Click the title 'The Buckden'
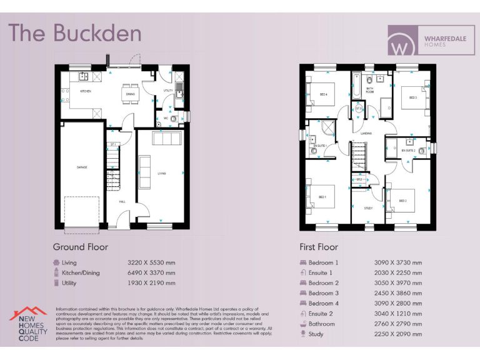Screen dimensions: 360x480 pyautogui.click(x=74, y=32)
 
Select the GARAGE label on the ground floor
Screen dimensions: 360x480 pyautogui.click(x=82, y=167)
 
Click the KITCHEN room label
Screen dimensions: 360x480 pyautogui.click(x=86, y=91)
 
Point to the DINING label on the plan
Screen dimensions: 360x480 pyautogui.click(x=130, y=94)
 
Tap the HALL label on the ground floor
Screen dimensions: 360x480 pyautogui.click(x=122, y=201)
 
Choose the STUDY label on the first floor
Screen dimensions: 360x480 pyautogui.click(x=368, y=208)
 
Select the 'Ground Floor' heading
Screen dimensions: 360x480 pyautogui.click(x=81, y=247)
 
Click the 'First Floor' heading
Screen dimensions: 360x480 pyautogui.click(x=319, y=247)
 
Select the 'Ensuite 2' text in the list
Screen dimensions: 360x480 pyautogui.click(x=321, y=314)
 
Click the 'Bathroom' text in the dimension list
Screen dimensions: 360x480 pyautogui.click(x=322, y=324)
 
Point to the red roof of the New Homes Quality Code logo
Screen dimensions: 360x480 pyautogui.click(x=27, y=312)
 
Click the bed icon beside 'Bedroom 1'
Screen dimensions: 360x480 pyautogui.click(x=303, y=262)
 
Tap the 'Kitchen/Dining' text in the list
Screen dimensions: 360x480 pyautogui.click(x=81, y=273)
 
